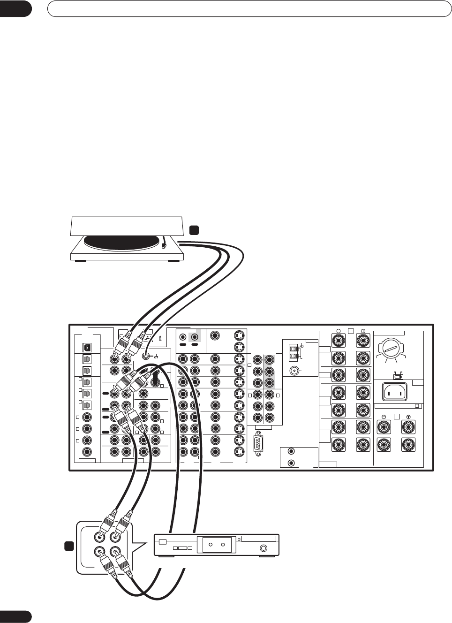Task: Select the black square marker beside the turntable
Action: [x=194, y=230]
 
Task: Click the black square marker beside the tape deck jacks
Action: [x=69, y=546]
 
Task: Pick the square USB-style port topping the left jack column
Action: [x=86, y=348]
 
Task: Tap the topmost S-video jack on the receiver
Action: [x=239, y=335]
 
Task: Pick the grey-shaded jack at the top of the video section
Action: [x=194, y=336]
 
